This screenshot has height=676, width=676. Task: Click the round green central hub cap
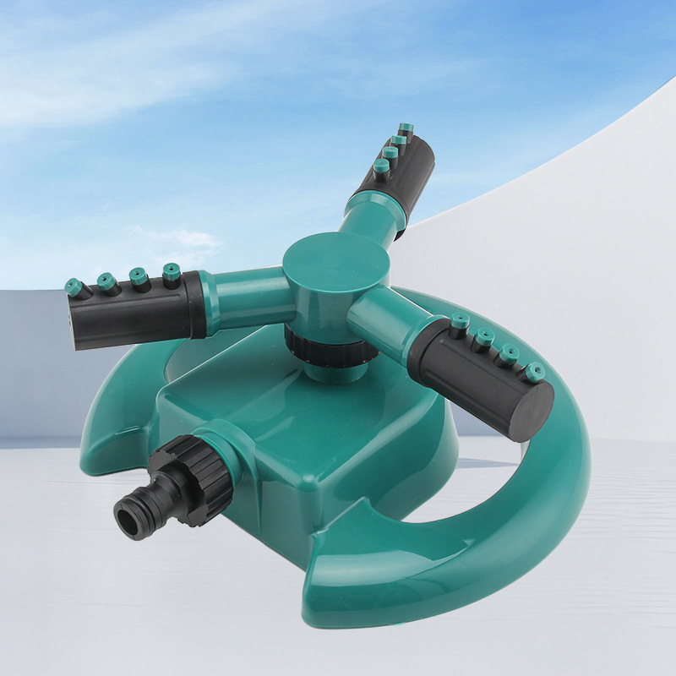324,259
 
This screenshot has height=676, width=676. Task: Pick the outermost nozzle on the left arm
76,286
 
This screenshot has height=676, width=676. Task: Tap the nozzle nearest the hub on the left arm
172,273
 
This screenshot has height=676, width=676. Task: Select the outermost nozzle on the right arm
535,371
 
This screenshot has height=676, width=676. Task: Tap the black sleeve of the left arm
135,308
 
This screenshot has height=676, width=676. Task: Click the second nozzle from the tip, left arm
108,281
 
